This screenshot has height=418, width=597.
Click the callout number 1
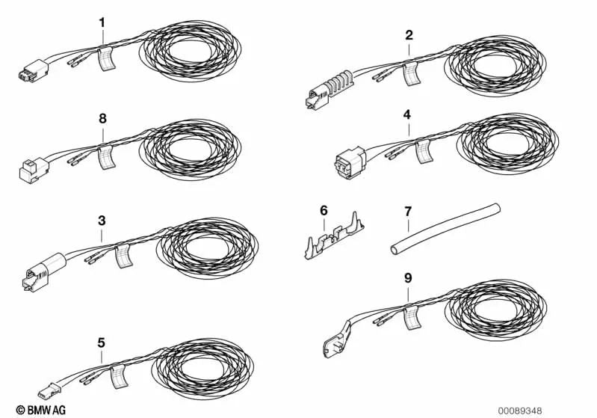point(102,23)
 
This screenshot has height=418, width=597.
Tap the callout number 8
point(102,118)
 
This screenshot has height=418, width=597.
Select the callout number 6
point(324,210)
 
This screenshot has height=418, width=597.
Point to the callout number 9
point(408,277)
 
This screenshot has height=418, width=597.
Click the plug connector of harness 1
point(33,70)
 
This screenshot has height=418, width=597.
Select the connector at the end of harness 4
point(350,163)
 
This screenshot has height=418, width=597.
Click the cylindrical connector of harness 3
point(43,272)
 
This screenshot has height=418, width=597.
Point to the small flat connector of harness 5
point(49,390)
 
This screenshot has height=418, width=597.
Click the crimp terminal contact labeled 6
point(334,236)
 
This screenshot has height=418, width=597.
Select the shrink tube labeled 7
point(445,229)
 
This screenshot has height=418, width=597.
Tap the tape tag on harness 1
point(107,58)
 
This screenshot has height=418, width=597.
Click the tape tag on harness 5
point(118,377)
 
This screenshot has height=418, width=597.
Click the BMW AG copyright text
point(41,410)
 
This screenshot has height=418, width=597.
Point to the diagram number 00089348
point(520,411)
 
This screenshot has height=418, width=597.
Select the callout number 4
point(407,114)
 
